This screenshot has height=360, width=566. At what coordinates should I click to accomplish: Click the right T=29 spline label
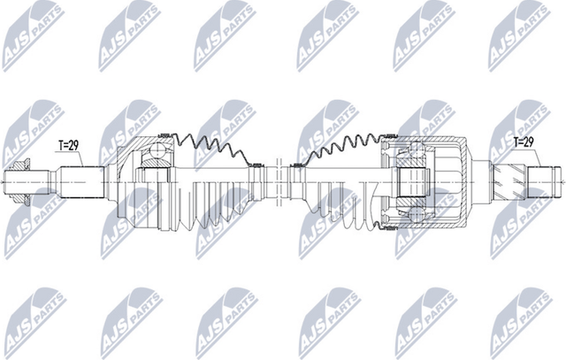(526, 141)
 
